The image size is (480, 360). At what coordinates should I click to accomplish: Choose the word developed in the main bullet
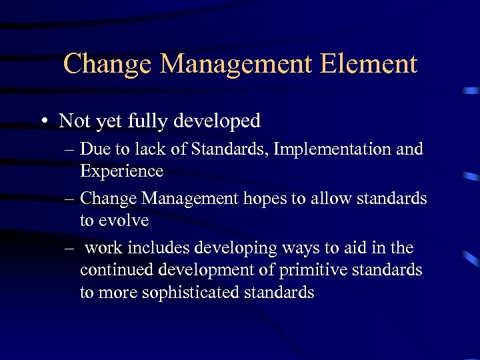pyautogui.click(x=218, y=121)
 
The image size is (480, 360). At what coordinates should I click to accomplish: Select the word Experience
pyautogui.click(x=121, y=171)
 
